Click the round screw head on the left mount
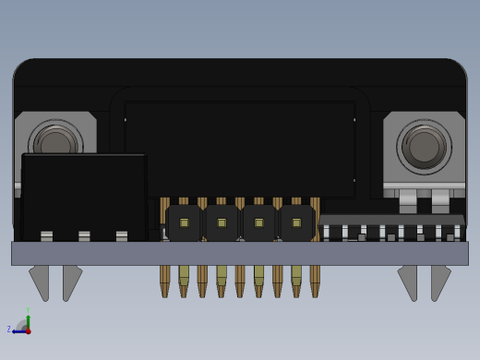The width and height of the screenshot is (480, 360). [x=56, y=145]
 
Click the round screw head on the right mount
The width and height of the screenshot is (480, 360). [x=424, y=146]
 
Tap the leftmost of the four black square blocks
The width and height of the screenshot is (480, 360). [x=185, y=222]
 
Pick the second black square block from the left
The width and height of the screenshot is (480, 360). [x=222, y=222]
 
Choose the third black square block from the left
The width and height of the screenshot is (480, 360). [x=259, y=222]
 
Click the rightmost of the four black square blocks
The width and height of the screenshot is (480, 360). [x=296, y=222]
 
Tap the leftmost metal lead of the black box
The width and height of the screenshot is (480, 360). [x=47, y=236]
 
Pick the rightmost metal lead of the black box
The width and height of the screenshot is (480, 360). [x=122, y=236]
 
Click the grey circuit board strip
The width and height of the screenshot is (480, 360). [x=240, y=253]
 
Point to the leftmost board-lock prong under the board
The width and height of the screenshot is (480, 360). [x=40, y=281]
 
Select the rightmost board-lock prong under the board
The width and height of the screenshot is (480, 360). [x=440, y=281]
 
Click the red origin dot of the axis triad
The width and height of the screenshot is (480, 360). [x=28, y=330]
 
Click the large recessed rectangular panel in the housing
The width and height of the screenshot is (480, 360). [x=240, y=148]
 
